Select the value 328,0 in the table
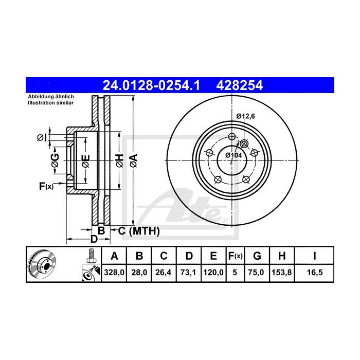(115, 273)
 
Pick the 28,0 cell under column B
(139, 273)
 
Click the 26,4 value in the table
(163, 273)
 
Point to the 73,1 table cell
(188, 273)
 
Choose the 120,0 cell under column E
(213, 273)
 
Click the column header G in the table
(257, 256)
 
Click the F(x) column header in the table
(235, 256)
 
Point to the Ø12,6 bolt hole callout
(246, 117)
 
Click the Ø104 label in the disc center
(234, 154)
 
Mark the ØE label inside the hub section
(85, 159)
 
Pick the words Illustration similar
(50, 103)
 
